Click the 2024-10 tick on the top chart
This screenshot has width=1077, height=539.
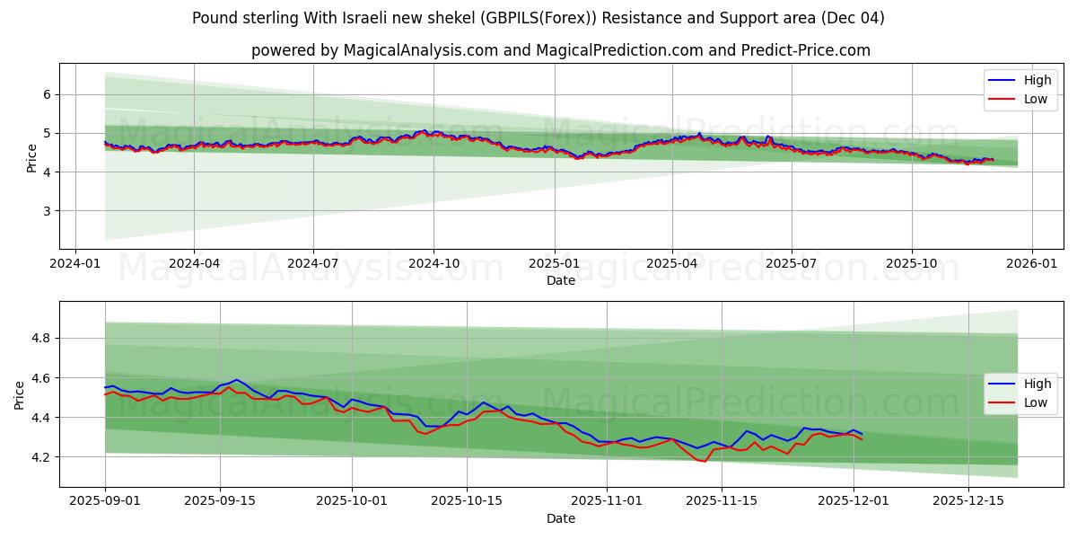tap(433, 263)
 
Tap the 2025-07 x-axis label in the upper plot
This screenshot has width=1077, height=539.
tap(792, 263)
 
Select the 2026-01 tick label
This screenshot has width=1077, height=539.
tap(1031, 263)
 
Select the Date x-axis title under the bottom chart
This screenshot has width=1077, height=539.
tap(561, 518)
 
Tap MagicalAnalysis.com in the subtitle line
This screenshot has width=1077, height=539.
tap(421, 50)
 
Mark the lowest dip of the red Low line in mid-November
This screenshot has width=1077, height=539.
tap(705, 462)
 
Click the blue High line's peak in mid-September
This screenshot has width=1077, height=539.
tap(236, 379)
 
